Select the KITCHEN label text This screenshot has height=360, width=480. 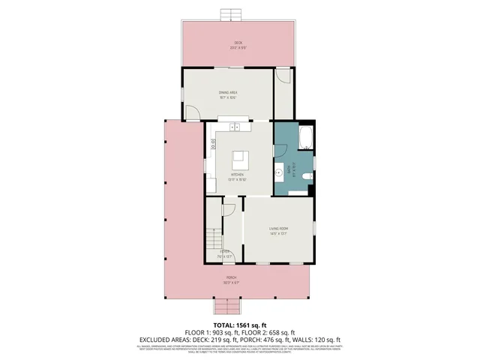pyautogui.click(x=238, y=177)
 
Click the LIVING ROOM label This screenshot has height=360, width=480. pyautogui.click(x=279, y=229)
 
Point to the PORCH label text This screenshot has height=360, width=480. pyautogui.click(x=231, y=280)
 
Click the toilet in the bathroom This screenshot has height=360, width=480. pyautogui.click(x=308, y=177)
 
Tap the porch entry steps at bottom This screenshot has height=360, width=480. pyautogui.click(x=226, y=307)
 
